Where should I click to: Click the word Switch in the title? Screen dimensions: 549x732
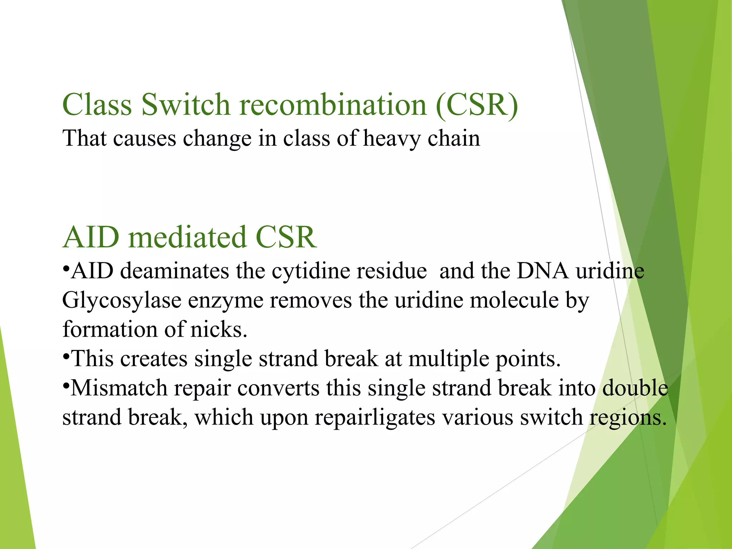click(186, 105)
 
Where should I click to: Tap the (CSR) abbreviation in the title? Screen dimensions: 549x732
click(477, 105)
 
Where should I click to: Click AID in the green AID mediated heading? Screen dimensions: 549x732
click(91, 237)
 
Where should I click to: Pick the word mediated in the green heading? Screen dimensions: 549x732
click(187, 237)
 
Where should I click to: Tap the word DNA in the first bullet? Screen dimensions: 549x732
click(542, 271)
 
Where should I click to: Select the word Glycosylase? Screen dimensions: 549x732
click(122, 301)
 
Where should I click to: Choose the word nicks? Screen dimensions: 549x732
click(218, 329)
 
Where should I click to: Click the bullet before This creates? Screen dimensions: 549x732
click(66, 357)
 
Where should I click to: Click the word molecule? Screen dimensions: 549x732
click(514, 300)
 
